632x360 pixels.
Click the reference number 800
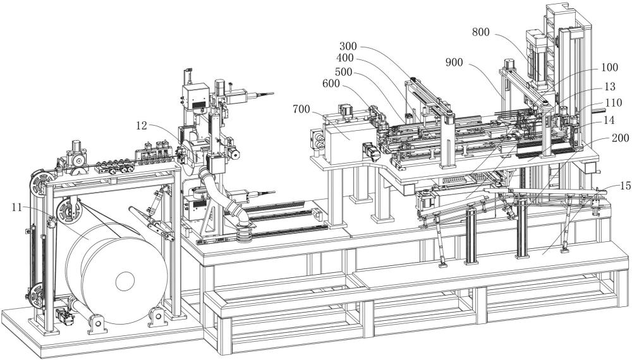[x=481, y=32]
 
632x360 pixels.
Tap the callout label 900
[x=454, y=63]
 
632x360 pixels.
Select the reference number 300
[x=348, y=46]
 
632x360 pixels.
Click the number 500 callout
[x=343, y=72]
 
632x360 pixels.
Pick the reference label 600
[x=331, y=83]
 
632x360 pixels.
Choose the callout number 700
[x=301, y=109]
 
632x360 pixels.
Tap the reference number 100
[x=609, y=67]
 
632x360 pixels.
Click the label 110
[x=614, y=104]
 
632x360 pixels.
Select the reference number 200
[x=621, y=138]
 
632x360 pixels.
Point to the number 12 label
[x=142, y=126]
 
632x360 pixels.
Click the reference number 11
[x=16, y=207]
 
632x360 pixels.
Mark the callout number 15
[x=626, y=186]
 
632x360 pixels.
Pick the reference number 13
[x=611, y=87]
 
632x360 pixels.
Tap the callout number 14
[x=609, y=120]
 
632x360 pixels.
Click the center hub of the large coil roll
[x=125, y=282]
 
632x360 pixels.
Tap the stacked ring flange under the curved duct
[x=244, y=234]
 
